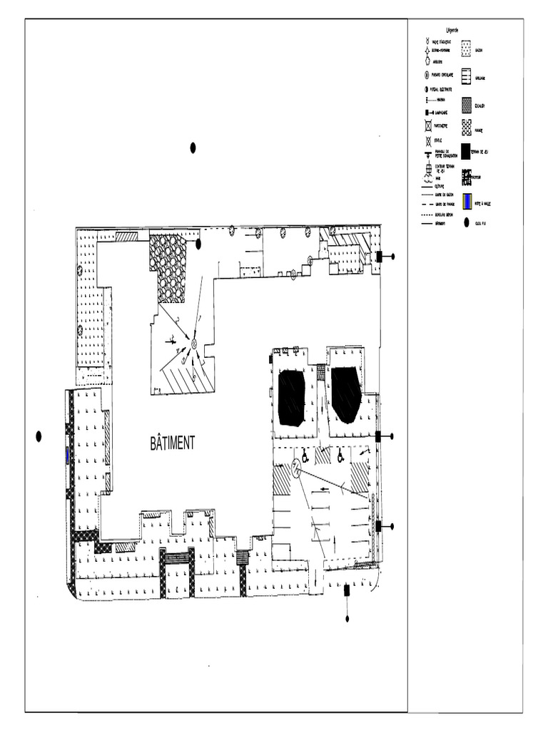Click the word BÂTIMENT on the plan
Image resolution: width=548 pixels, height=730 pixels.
172,443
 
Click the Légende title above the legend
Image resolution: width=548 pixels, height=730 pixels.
452,31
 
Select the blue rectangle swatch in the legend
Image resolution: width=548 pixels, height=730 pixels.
467,202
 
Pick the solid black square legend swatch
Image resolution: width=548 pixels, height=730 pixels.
466,152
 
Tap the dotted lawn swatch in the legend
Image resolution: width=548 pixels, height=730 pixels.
466,48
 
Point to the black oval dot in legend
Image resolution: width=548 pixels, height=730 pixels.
467,223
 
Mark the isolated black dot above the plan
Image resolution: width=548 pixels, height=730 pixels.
193,148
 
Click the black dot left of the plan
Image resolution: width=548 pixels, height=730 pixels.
39,436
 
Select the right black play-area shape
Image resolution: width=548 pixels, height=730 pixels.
346,394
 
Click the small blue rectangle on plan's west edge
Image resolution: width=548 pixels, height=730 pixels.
68,455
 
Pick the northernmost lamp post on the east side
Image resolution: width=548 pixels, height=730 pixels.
380,256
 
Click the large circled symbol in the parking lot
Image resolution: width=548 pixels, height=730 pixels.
295,468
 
